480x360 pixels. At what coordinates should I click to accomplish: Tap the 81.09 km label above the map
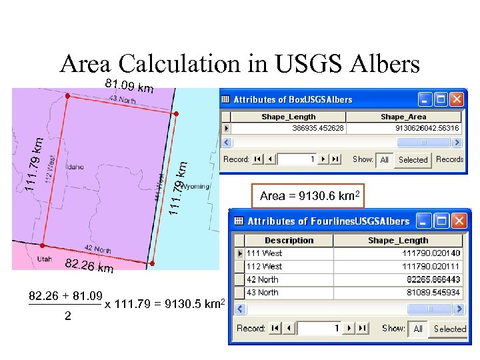[129, 86]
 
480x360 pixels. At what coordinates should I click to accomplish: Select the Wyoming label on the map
[195, 187]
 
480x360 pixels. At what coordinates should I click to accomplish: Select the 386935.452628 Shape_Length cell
[318, 128]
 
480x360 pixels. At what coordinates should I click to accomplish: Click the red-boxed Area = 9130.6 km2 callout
[310, 196]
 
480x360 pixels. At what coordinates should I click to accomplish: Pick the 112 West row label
[264, 266]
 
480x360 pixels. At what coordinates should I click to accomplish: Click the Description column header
[289, 241]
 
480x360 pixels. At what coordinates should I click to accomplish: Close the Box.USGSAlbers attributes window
[456, 99]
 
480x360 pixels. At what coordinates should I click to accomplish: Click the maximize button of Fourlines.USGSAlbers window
[441, 221]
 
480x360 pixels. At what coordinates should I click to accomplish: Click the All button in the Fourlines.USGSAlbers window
[418, 329]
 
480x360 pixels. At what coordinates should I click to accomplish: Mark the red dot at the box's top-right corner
[176, 114]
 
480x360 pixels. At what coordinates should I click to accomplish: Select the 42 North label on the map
[97, 250]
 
